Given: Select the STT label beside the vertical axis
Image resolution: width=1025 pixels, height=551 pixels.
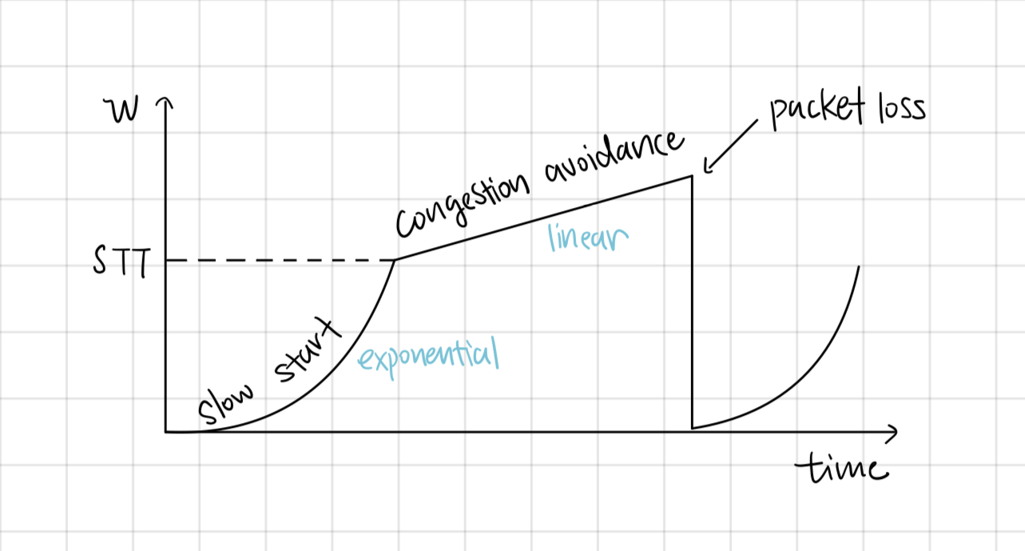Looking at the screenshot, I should (119, 262).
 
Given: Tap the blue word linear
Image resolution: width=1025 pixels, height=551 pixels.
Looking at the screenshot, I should (588, 237).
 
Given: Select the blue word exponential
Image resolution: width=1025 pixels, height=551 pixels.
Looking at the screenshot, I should (427, 357).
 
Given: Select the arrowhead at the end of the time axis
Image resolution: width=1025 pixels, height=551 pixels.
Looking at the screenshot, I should (892, 432).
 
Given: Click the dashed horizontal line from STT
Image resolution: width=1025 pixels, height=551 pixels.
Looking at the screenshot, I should (280, 261).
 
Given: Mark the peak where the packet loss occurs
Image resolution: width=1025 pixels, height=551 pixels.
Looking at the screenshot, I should (691, 176).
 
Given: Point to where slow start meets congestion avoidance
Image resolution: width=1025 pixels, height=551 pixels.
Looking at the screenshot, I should (395, 260).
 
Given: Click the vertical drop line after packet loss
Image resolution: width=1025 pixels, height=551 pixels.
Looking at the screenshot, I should (692, 304).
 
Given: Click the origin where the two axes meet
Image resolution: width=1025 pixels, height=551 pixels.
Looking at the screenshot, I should (166, 432).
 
